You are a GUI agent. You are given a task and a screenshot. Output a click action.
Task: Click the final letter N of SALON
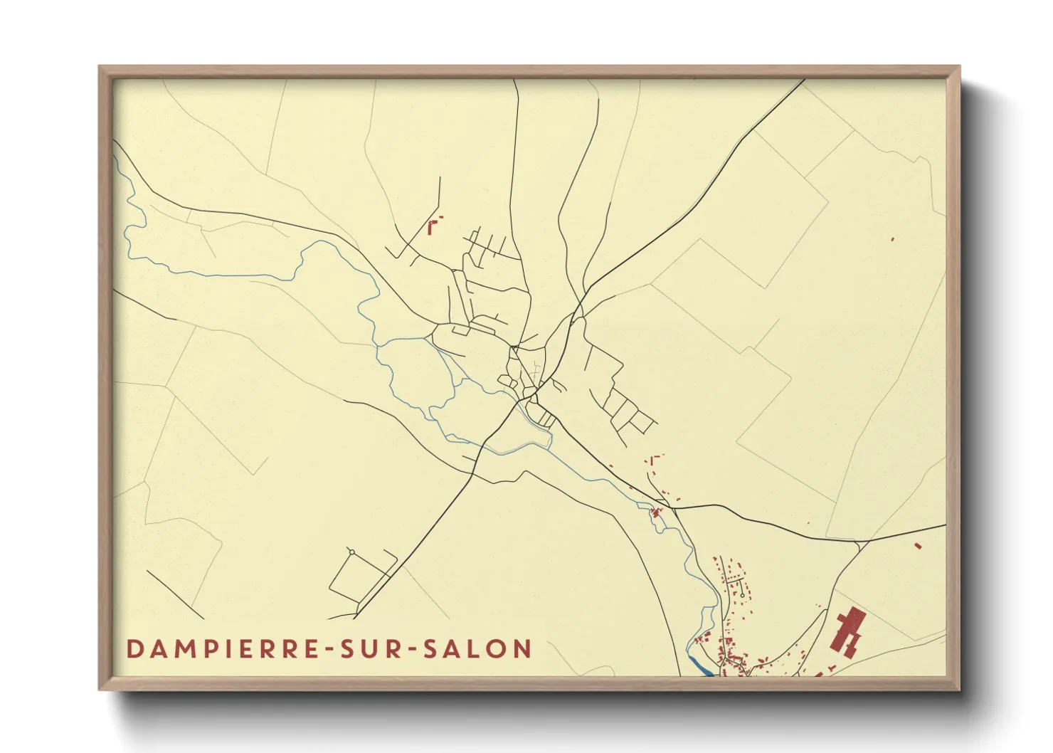tap(523, 649)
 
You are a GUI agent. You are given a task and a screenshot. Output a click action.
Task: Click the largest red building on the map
tap(847, 631)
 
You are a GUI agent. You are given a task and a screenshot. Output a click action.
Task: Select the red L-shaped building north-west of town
tap(431, 228)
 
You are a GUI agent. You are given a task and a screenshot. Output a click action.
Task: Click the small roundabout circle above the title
tap(351, 552)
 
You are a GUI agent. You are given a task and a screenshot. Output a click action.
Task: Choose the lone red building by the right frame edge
tap(892, 239)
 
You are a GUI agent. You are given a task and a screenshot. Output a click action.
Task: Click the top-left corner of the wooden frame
tap(100, 67)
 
